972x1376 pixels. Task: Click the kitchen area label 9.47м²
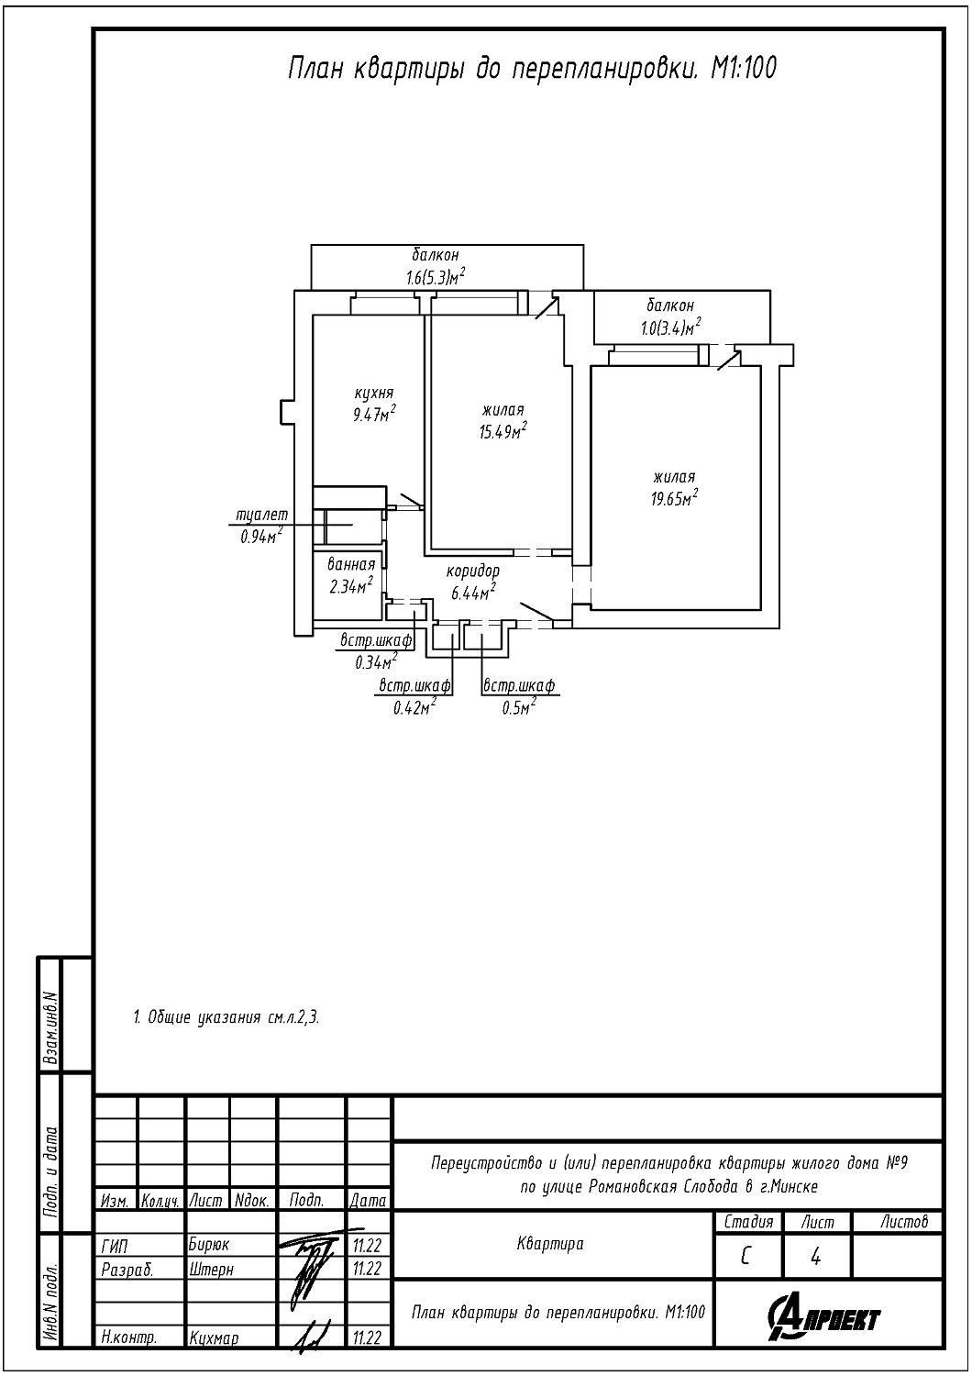374,414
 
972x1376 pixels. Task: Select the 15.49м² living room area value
503,430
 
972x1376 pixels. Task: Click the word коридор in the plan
473,571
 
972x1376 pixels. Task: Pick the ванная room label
351,565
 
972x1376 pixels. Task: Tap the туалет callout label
262,516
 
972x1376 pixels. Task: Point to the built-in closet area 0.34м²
376,660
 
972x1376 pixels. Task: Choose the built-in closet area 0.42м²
414,706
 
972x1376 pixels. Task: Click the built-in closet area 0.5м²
519,706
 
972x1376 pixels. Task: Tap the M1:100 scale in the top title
743,69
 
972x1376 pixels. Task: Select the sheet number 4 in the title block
816,1257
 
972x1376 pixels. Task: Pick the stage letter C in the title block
746,1257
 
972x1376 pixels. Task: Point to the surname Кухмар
214,1338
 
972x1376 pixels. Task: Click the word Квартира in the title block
550,1244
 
